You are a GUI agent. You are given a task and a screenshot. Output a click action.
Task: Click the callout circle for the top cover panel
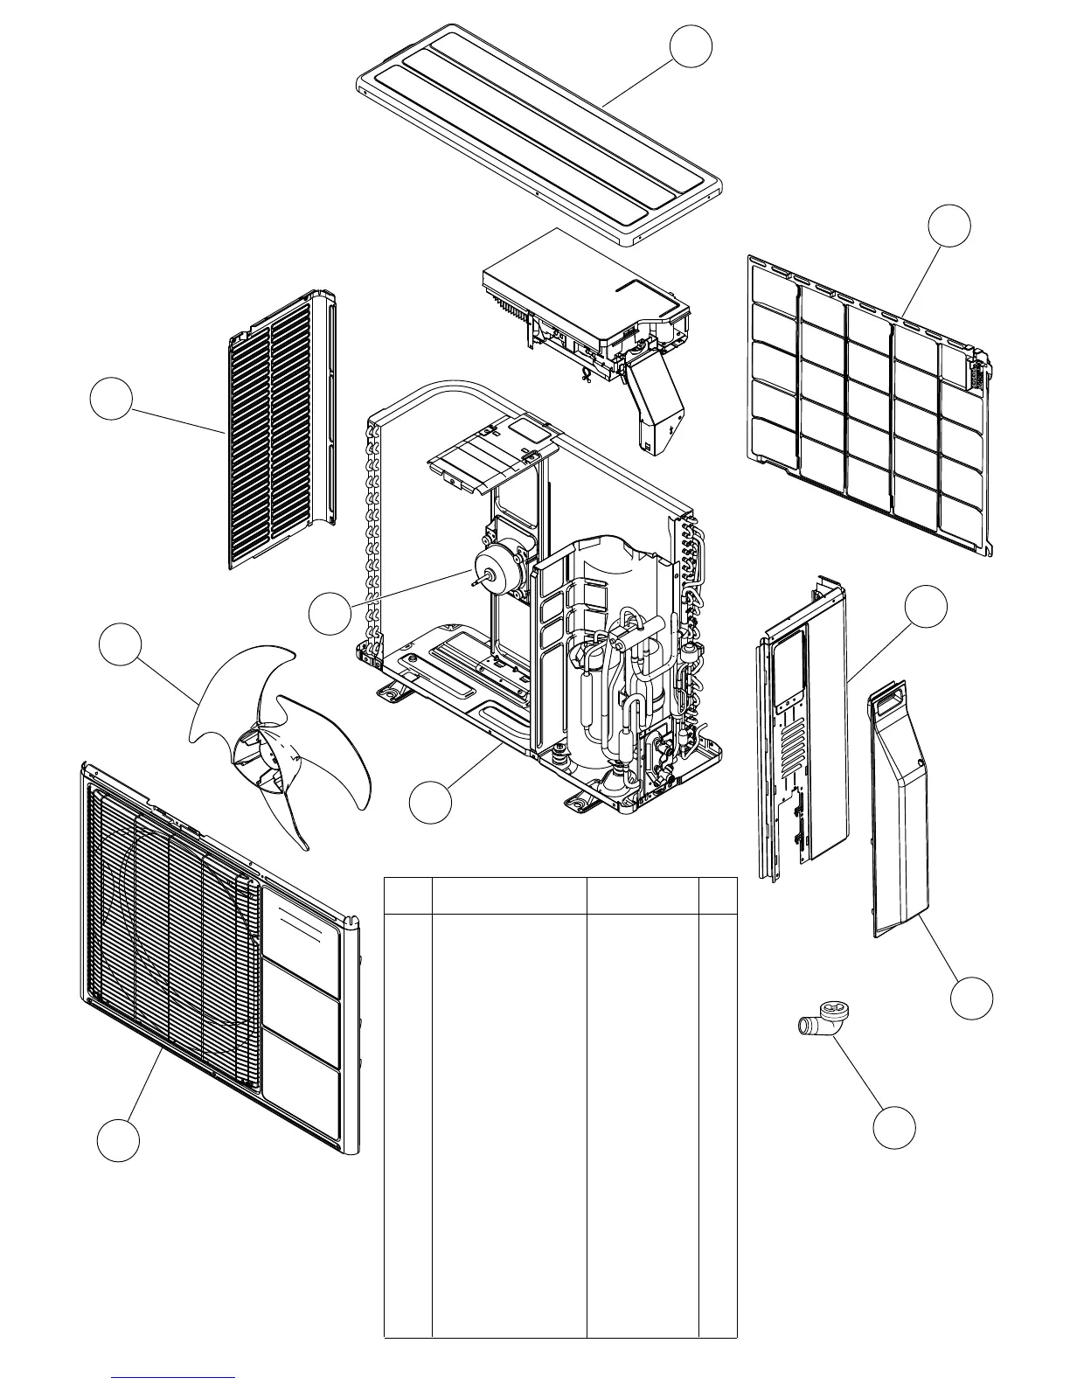pyautogui.click(x=691, y=45)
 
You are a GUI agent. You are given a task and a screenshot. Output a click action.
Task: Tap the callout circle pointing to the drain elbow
pyautogui.click(x=894, y=1128)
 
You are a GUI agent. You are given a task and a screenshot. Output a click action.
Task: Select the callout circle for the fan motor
pyautogui.click(x=330, y=614)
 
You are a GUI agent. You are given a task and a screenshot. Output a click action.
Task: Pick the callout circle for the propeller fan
pyautogui.click(x=120, y=645)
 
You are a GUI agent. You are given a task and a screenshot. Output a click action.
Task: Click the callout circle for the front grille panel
pyautogui.click(x=118, y=1140)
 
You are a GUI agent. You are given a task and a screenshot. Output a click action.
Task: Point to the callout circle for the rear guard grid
pyautogui.click(x=948, y=226)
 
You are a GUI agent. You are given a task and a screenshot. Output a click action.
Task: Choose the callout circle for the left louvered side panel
pyautogui.click(x=111, y=399)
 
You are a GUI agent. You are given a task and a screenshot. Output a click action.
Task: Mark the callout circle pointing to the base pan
pyautogui.click(x=431, y=802)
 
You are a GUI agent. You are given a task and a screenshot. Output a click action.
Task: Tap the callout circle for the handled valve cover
pyautogui.click(x=971, y=998)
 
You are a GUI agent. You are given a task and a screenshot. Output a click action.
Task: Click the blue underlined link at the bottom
pyautogui.click(x=174, y=1377)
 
